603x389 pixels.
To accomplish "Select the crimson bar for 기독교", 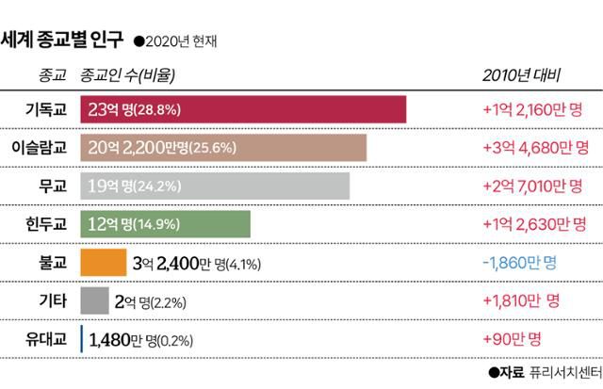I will pos(243,109).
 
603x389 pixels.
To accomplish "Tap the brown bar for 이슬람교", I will pos(223,147).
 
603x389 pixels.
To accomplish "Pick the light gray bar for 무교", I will pos(215,185).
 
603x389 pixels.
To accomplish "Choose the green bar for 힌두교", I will pos(166,223).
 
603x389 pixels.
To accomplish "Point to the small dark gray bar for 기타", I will pos(93,300).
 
